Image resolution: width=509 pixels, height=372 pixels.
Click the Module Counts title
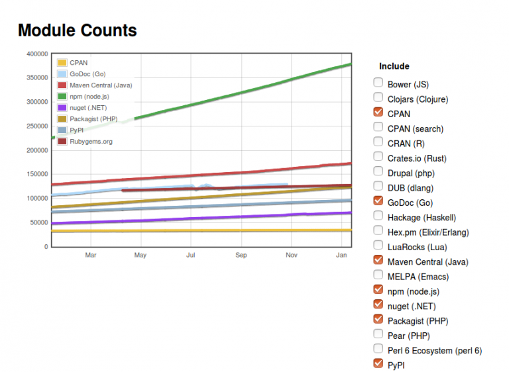(x=77, y=30)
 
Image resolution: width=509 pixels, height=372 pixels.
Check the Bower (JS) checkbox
(x=378, y=83)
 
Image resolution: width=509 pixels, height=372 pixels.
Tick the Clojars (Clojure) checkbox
(x=378, y=98)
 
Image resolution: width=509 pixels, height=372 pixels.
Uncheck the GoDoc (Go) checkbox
(x=378, y=201)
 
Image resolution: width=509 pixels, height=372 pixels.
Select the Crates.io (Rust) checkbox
(x=378, y=157)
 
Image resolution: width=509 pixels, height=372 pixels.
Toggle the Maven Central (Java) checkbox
(x=378, y=260)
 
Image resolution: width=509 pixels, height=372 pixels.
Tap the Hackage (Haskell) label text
(x=422, y=217)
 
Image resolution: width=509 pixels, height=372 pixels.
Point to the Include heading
(x=394, y=66)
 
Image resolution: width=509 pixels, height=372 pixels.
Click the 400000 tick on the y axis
(x=36, y=54)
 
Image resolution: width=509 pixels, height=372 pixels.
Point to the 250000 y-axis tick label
(x=36, y=126)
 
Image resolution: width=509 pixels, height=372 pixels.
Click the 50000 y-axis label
(x=38, y=222)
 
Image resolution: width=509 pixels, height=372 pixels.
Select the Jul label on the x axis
(x=191, y=255)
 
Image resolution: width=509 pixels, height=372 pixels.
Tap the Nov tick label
(x=292, y=255)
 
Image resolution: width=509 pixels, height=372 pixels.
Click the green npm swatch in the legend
(x=62, y=97)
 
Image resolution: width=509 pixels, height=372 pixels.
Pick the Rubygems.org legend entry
(x=91, y=142)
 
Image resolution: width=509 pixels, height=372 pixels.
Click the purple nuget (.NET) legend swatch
(x=62, y=108)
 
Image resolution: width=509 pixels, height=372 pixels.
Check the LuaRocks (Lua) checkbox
(x=378, y=246)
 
